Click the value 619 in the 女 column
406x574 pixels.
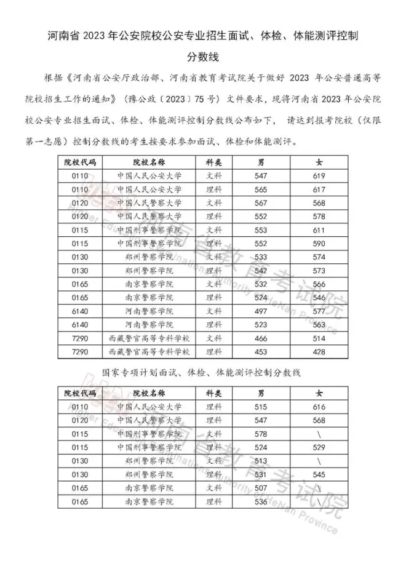click(319, 176)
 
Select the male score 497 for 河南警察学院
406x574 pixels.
click(261, 311)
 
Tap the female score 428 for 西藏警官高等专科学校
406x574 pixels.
click(319, 351)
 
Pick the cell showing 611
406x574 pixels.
click(319, 229)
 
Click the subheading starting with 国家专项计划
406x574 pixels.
click(203, 373)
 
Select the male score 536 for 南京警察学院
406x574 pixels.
click(261, 501)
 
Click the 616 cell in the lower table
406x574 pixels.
click(319, 407)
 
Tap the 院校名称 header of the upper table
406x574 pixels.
click(149, 162)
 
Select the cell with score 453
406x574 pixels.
click(261, 351)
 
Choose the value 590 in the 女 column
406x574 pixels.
click(319, 243)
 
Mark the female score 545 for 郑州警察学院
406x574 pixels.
click(319, 474)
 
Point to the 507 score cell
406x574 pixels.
click(261, 488)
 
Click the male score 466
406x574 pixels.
click(261, 338)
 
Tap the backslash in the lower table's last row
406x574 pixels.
click(319, 501)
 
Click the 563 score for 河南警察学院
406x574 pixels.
click(319, 324)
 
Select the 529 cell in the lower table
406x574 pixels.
click(319, 447)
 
